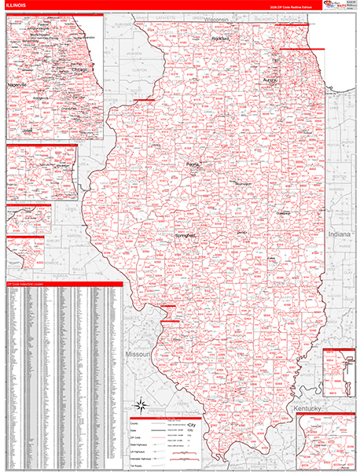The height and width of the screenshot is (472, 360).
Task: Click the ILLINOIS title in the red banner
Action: (17, 6)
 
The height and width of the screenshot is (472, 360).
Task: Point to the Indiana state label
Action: (340, 234)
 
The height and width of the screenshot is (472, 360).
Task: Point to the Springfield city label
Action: (186, 235)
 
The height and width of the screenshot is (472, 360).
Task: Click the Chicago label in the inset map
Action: (79, 68)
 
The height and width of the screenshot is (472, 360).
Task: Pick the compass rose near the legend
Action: (141, 405)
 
